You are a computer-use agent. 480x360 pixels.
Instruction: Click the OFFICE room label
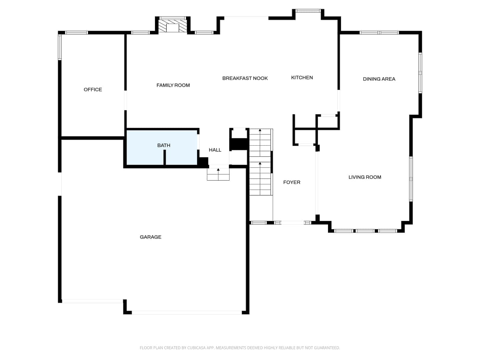point(93,89)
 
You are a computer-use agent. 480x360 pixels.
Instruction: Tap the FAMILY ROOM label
point(173,85)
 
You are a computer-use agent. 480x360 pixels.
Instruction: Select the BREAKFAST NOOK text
point(245,78)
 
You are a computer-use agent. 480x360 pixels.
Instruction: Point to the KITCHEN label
point(302,78)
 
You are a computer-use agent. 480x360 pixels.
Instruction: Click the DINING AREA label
point(379,79)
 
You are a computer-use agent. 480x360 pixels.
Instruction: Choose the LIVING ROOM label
point(365,177)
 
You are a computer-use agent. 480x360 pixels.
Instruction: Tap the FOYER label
point(291,182)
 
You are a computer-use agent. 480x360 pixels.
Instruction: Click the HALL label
point(215,150)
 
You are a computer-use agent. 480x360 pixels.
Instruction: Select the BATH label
point(164,145)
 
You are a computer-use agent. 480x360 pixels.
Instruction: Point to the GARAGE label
point(150,237)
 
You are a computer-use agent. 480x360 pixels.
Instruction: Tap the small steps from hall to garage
point(218,174)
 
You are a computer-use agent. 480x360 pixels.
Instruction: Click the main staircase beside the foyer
point(260,162)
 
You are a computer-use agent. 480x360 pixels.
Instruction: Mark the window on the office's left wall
point(60,47)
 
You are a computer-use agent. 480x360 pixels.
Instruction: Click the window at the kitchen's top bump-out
point(308,11)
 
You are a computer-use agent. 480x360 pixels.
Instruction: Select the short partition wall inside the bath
point(165,157)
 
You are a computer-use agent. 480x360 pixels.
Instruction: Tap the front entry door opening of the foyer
point(292,223)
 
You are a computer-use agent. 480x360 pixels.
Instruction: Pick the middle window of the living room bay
point(365,231)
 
